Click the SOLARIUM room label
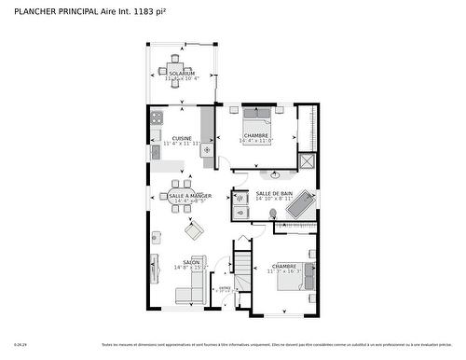pos(182,73)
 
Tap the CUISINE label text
pos(182,139)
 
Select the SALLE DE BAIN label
pos(274,193)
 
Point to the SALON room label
pos(191,262)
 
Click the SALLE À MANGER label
pos(189,196)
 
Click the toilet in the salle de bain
pos(273,214)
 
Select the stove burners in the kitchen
pos(157,118)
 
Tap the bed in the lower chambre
pos(286,276)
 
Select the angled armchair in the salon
pos(193,228)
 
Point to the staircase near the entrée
pos(242,270)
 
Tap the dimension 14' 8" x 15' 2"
pos(191,269)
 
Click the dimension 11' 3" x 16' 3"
pos(284,271)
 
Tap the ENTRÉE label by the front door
pos(225,288)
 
